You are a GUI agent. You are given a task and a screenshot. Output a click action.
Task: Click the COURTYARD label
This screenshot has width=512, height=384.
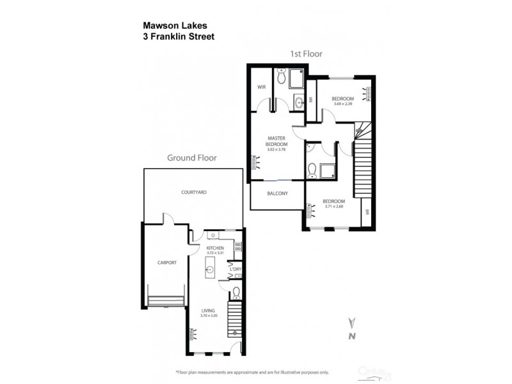[x=193, y=192]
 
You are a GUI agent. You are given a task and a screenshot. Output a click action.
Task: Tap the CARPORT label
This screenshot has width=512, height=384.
[x=166, y=262]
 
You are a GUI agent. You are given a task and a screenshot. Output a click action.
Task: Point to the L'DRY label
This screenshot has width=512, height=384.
[x=235, y=269]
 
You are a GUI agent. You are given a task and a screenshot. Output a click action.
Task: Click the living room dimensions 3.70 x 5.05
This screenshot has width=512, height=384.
[x=209, y=316]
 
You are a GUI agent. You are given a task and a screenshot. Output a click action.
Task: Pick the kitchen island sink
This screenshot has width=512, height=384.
[x=210, y=270]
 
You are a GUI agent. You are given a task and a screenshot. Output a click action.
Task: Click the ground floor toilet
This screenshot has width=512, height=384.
[x=236, y=293]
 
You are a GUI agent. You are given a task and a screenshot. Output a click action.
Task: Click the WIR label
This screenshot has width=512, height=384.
[x=261, y=87]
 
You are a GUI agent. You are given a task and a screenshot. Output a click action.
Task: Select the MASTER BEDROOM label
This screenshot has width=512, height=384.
[x=276, y=142]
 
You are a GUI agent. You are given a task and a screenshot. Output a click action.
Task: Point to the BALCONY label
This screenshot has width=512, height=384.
[x=276, y=193]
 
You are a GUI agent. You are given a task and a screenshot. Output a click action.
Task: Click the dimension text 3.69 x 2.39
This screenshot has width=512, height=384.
[x=342, y=103]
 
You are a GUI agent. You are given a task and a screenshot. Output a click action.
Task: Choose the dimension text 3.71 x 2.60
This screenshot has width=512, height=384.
[x=335, y=206]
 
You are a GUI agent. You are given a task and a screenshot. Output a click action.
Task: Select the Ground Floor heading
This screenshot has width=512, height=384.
[x=192, y=157]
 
